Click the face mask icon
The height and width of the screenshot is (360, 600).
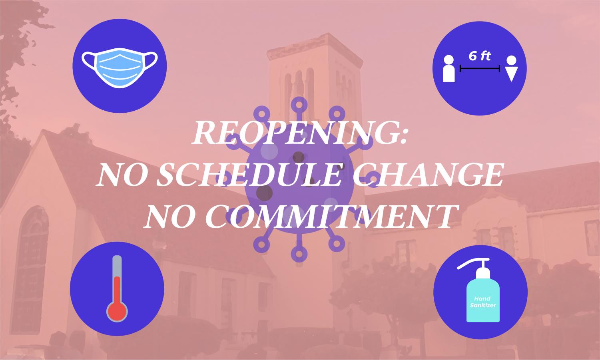coord(119,66)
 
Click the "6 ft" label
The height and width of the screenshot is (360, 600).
coord(480,56)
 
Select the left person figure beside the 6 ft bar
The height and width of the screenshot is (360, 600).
coord(449,69)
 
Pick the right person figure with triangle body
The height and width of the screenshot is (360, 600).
coord(512,69)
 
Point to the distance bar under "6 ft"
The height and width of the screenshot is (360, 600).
coord(480,69)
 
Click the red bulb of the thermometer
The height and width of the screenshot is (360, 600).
coord(117,310)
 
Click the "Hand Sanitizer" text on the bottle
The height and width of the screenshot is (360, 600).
coord(483,302)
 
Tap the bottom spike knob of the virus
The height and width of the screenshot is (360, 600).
coord(298,253)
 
